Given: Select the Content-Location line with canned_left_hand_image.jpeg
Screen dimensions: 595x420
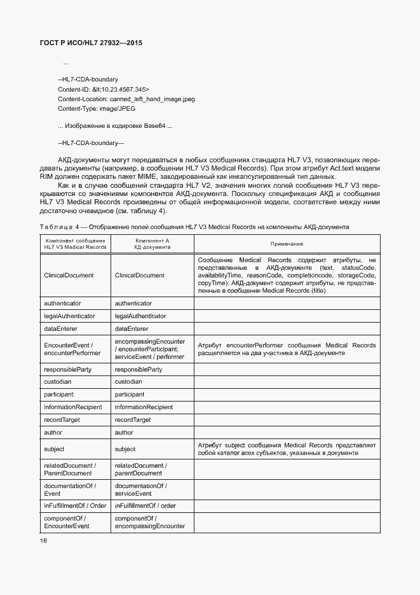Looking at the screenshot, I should [126, 99].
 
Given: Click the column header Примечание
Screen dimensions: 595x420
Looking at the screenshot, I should [287, 244].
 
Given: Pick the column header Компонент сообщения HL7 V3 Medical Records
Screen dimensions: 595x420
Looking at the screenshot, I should [75, 244].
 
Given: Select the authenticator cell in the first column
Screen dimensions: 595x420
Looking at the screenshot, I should [62, 304].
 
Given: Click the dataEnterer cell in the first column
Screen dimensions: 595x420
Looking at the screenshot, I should [60, 328].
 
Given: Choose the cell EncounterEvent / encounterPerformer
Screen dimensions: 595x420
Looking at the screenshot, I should [72, 349].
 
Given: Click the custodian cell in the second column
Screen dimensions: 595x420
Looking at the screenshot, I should [128, 382].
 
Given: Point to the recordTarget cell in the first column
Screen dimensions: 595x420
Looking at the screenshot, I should [62, 420].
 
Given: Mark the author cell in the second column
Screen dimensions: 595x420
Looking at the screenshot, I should [124, 433].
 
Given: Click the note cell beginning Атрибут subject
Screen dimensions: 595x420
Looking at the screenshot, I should [287, 449].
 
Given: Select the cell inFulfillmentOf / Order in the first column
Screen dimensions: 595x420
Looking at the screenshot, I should [74, 505].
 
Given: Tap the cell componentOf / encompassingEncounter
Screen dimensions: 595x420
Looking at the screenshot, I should [149, 522].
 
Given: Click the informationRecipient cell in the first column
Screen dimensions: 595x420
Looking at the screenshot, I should [72, 407].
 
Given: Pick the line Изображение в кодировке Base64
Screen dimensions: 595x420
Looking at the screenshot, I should [114, 126].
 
